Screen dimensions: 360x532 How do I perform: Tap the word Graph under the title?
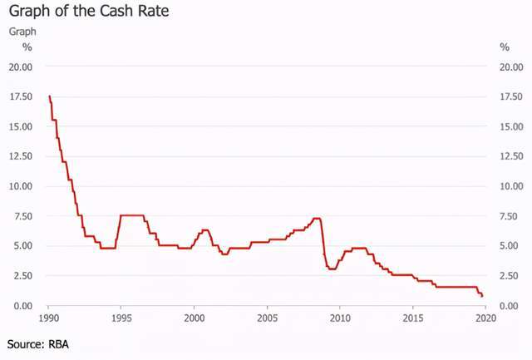coord(22,32)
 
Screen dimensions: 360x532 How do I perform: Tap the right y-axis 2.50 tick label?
coord(510,275)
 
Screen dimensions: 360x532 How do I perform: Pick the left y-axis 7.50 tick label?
coord(22,216)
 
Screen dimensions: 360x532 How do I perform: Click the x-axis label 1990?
coord(48,318)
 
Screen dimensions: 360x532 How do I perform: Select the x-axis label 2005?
coord(267,318)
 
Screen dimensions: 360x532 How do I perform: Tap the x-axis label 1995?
coord(121,318)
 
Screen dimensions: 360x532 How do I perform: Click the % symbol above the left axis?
coord(27,47)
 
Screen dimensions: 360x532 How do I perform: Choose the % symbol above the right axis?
coord(504,47)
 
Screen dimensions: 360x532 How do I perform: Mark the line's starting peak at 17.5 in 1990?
coord(49,96)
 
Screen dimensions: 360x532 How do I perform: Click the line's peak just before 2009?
coord(317,219)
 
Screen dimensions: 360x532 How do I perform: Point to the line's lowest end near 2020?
coord(482,297)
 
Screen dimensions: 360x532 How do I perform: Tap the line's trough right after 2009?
coord(332,269)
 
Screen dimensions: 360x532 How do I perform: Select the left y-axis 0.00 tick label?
coord(22,305)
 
